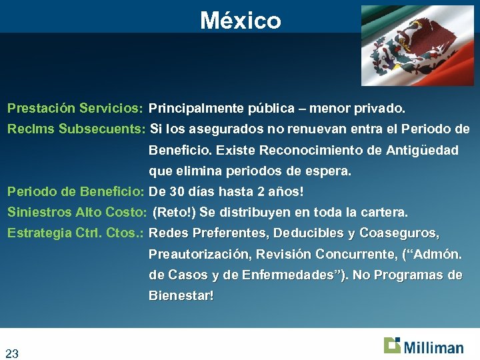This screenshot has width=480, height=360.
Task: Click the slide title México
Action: tap(240, 21)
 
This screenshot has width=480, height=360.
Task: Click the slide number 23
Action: tap(12, 353)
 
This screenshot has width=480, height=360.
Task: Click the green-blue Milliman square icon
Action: tap(392, 345)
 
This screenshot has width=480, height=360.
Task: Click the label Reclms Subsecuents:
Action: tap(76, 129)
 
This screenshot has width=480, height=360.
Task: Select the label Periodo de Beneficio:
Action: tap(76, 192)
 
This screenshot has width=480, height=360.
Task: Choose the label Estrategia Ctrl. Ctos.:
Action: tap(76, 233)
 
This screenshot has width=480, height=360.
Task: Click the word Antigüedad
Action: tap(422, 150)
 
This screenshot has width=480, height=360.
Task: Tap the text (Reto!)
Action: tap(175, 213)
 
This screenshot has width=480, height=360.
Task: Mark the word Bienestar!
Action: tap(181, 295)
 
